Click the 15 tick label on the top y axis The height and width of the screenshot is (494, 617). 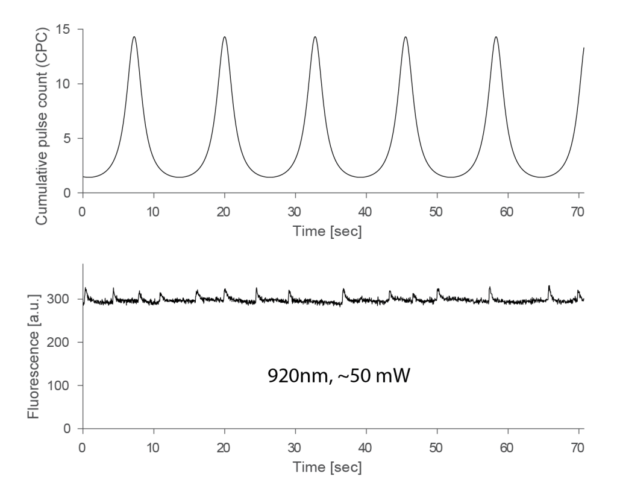point(65,29)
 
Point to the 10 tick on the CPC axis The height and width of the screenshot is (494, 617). point(65,84)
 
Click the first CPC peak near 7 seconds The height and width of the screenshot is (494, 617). point(134,37)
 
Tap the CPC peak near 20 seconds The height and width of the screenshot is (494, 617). point(224,37)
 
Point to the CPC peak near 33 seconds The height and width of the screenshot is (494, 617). point(315,37)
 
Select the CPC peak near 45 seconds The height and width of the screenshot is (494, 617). point(406,37)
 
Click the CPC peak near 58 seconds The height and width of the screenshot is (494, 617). point(496,37)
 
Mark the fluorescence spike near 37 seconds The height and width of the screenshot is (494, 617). point(343,289)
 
